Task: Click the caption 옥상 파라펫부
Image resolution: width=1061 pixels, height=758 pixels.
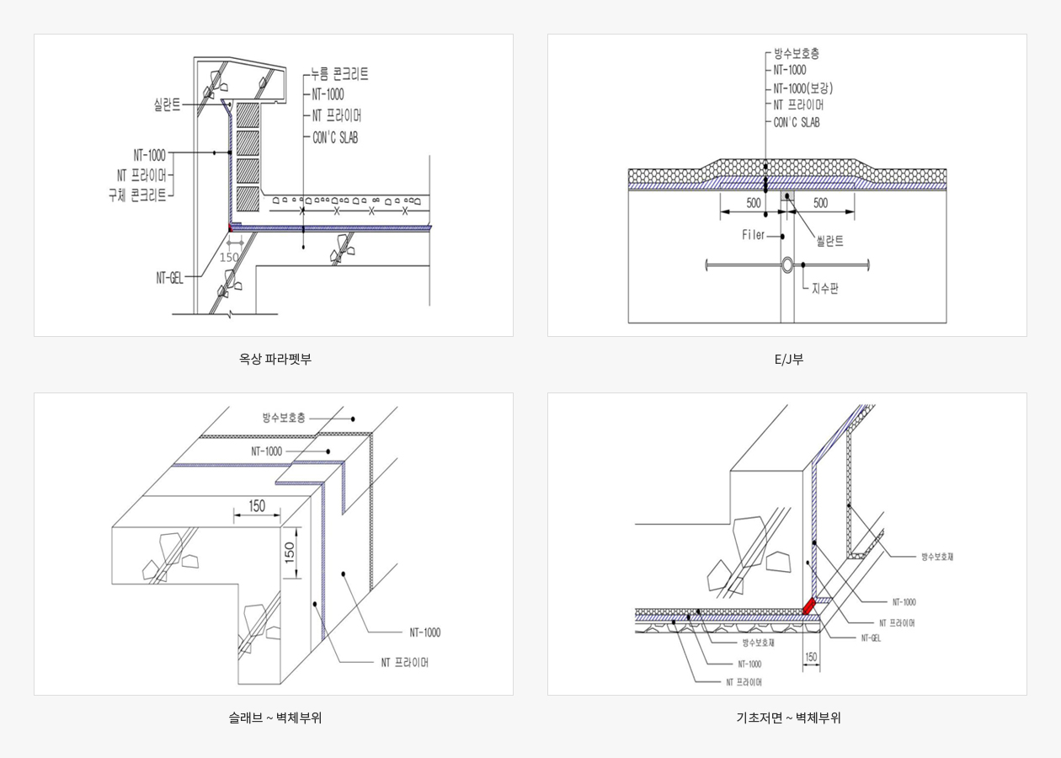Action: click(275, 359)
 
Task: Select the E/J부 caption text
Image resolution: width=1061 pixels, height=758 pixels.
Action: click(789, 359)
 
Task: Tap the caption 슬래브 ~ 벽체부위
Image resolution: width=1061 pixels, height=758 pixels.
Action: click(275, 718)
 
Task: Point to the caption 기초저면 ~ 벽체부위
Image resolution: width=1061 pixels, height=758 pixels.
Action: click(788, 718)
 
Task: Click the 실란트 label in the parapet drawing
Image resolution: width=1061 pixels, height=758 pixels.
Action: click(167, 104)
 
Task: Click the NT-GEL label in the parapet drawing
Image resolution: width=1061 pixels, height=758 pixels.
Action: click(169, 279)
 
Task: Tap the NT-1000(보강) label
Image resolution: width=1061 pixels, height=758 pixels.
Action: click(803, 88)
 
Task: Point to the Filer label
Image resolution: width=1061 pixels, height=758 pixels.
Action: click(754, 235)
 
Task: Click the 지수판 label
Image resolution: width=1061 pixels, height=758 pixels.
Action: click(825, 288)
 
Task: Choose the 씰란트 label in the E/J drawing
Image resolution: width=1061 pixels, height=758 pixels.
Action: click(829, 241)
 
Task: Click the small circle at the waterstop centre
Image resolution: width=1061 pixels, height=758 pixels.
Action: click(786, 265)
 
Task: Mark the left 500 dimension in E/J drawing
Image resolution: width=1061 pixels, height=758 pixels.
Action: click(753, 203)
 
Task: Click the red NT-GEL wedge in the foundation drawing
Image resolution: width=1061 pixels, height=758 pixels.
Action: click(808, 606)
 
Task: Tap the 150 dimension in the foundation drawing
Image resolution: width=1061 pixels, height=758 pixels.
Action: click(811, 657)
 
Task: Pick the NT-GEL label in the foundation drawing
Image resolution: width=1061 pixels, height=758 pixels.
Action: click(871, 638)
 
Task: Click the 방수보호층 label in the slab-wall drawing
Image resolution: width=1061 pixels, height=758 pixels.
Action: click(284, 418)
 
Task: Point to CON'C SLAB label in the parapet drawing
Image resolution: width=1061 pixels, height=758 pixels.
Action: click(335, 138)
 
